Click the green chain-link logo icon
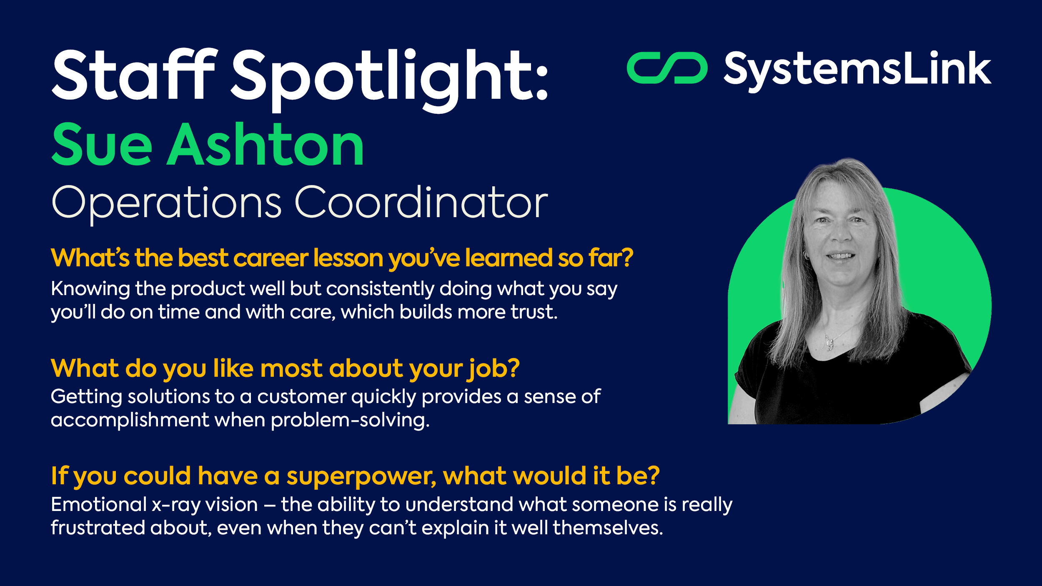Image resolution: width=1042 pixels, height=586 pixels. (667, 68)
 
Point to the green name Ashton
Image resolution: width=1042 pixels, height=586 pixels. (266, 144)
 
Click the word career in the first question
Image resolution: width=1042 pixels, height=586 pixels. (271, 258)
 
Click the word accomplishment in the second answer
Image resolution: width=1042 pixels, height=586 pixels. (130, 420)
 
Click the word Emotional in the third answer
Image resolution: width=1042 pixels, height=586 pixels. (99, 504)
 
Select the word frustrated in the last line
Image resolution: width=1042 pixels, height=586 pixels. (98, 528)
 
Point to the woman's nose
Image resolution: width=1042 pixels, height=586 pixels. (841, 233)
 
